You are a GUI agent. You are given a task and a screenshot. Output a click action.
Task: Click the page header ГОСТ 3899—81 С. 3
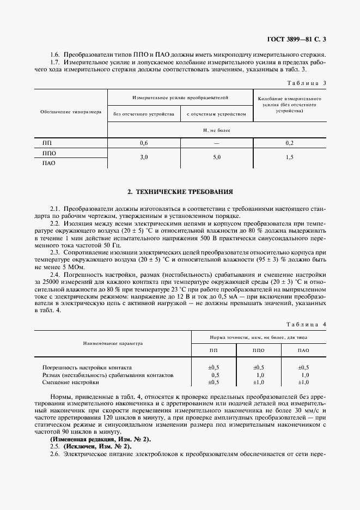point(296,39)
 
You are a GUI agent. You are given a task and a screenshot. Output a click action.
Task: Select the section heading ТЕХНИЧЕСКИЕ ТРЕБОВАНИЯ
point(180,192)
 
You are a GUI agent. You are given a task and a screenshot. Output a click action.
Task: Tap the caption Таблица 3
point(306,83)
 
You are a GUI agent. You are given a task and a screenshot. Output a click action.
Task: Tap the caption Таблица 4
point(306,325)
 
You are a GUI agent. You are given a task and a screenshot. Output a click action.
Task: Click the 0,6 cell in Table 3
point(144,143)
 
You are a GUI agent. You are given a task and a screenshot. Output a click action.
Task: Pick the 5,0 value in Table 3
point(217,157)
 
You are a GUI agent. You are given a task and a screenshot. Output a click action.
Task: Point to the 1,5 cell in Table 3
point(289,157)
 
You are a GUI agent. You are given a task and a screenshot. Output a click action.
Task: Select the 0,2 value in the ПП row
point(289,143)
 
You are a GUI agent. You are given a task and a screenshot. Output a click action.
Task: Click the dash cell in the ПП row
point(217,143)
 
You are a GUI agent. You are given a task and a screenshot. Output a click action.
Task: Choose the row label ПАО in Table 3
point(49,163)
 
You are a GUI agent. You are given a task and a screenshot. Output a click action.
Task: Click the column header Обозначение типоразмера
point(71,112)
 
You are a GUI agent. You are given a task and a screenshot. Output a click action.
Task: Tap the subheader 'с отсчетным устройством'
point(217,114)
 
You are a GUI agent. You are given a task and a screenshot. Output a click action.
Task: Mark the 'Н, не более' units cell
point(217,130)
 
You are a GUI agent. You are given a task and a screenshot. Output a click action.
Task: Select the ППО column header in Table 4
point(259,351)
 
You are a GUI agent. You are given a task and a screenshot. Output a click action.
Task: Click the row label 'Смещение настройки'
point(66,383)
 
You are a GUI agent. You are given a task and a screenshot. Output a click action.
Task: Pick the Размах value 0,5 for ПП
point(215,375)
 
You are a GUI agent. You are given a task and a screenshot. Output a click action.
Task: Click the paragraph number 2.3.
point(55,238)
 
